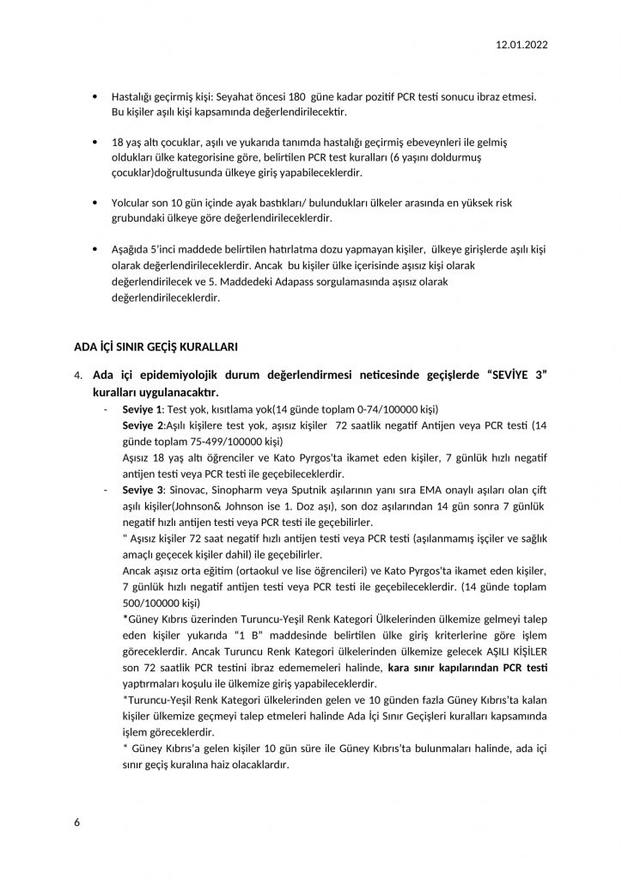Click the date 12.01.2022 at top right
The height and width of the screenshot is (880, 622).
tap(522, 45)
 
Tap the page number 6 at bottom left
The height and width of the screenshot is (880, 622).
tap(77, 823)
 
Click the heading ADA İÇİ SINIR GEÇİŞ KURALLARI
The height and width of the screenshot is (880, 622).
tap(155, 346)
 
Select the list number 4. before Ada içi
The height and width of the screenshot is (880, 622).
tap(78, 376)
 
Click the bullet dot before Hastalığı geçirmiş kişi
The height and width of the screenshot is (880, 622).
tap(93, 98)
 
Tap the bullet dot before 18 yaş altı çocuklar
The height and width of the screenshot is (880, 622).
tap(93, 142)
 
